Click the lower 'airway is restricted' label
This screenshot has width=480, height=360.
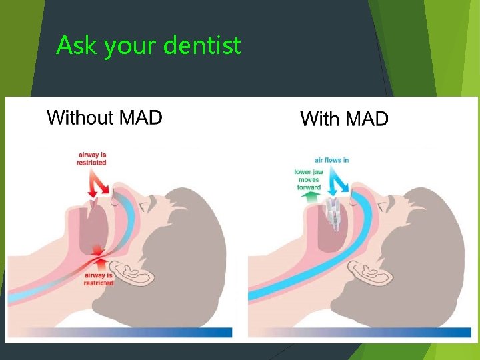coord(99,279)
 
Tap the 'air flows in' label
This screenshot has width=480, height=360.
coord(332,160)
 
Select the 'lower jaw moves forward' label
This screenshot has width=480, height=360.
coord(308,179)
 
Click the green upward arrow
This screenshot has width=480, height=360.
coord(308,197)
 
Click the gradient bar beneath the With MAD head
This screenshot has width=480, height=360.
coord(360,331)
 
